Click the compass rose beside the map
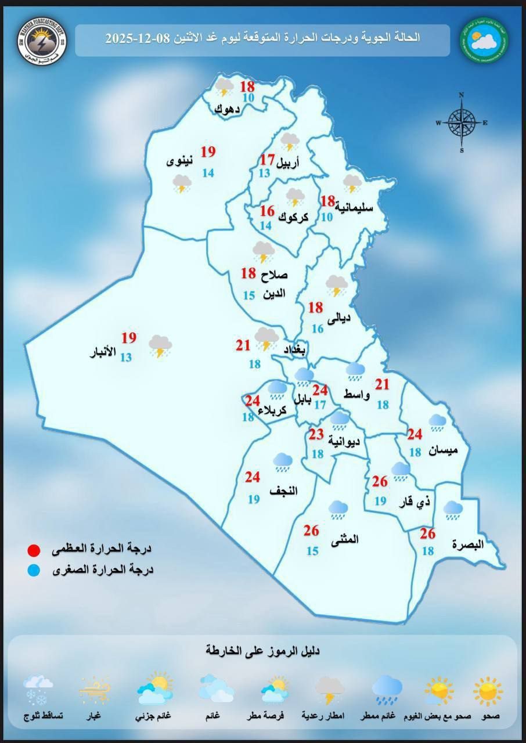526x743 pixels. point(462,122)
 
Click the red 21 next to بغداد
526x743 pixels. point(243,346)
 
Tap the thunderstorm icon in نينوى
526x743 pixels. point(182,185)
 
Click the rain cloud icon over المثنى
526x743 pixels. point(338,510)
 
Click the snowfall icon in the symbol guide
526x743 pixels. point(39,690)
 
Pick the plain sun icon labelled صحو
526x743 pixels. point(487,691)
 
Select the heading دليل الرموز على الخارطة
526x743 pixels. point(262,651)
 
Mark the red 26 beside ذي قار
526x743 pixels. point(380,482)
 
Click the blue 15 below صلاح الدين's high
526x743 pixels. point(249,296)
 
